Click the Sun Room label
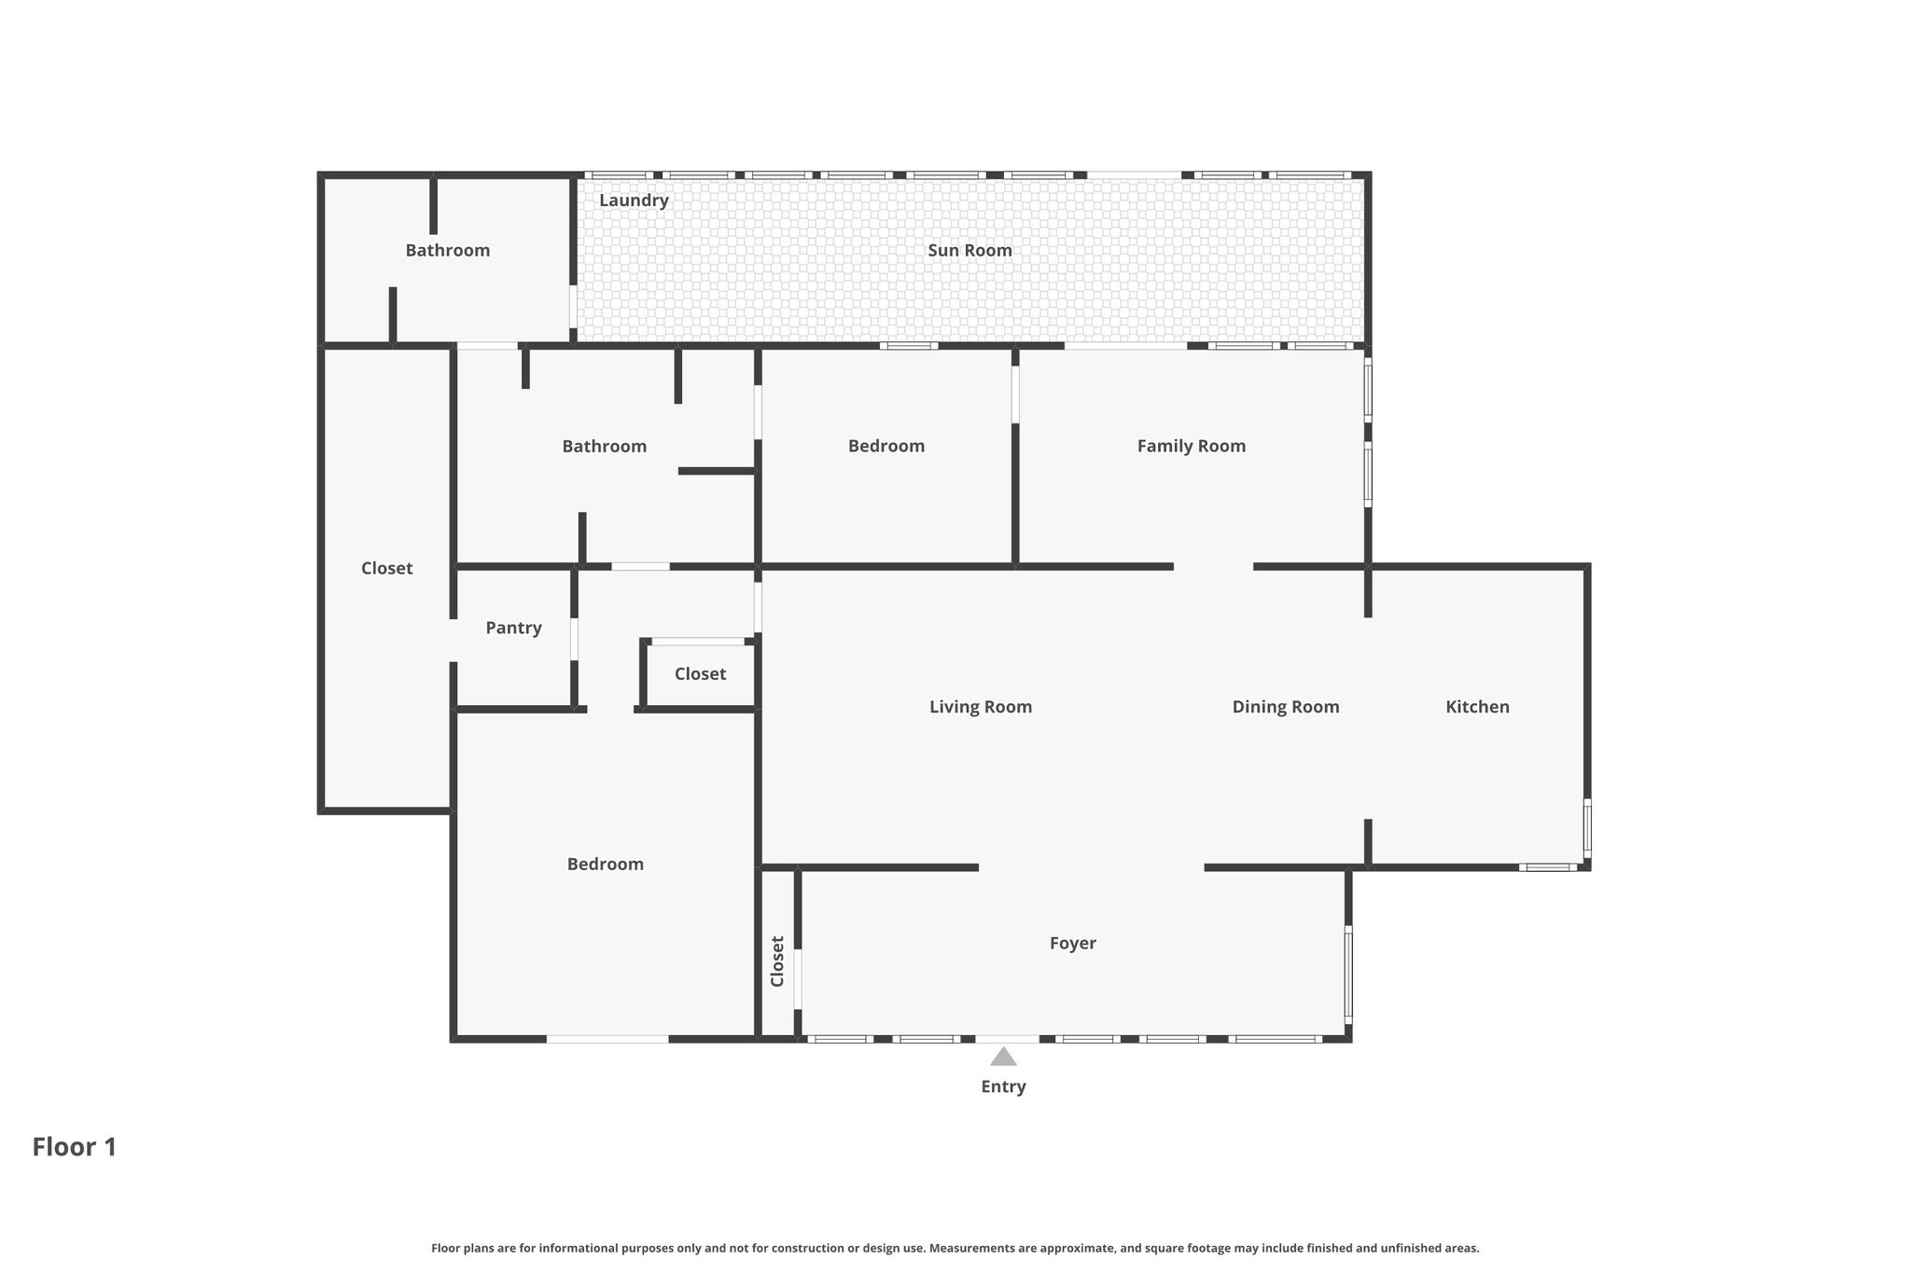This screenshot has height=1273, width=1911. click(969, 250)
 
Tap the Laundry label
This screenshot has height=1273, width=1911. click(634, 201)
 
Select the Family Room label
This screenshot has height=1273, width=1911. click(1191, 446)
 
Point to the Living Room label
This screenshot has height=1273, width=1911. click(981, 707)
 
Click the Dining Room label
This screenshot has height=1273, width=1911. click(1286, 707)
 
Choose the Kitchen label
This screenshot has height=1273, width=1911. click(1477, 707)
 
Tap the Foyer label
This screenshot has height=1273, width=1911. click(1072, 943)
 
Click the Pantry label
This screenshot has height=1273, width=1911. click(513, 628)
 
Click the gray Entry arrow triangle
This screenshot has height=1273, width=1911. click(1003, 1057)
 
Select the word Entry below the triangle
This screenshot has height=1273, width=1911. click(1003, 1086)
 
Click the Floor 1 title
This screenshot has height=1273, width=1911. click(75, 1147)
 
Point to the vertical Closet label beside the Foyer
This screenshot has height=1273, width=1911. click(777, 962)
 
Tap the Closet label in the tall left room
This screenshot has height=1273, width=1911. click(386, 568)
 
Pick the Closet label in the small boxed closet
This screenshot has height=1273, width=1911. click(700, 673)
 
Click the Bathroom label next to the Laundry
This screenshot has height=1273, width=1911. click(447, 250)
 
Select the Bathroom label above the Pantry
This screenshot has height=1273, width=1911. click(604, 446)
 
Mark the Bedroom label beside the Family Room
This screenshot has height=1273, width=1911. click(886, 446)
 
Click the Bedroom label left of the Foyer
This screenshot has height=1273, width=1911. click(605, 864)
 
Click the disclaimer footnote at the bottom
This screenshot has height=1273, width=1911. click(955, 1248)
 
